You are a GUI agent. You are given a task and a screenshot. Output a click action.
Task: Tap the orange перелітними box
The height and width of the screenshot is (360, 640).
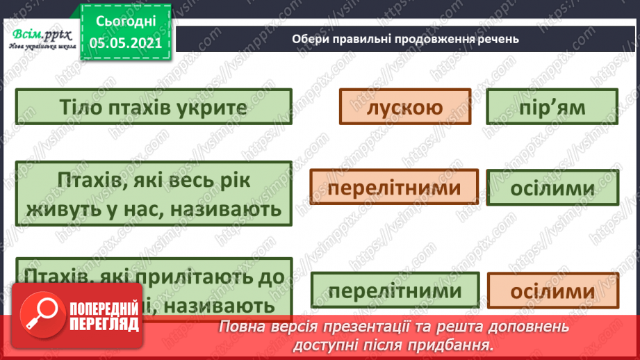[394, 188]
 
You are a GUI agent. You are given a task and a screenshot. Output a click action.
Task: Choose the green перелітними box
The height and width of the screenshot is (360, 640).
[395, 290]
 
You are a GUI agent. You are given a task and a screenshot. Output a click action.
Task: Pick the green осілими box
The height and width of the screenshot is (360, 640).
[552, 188]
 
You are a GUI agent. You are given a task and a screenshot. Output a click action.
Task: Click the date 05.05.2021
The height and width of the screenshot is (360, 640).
[125, 42]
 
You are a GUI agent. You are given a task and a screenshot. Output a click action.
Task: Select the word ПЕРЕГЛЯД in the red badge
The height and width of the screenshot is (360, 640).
[105, 323]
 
